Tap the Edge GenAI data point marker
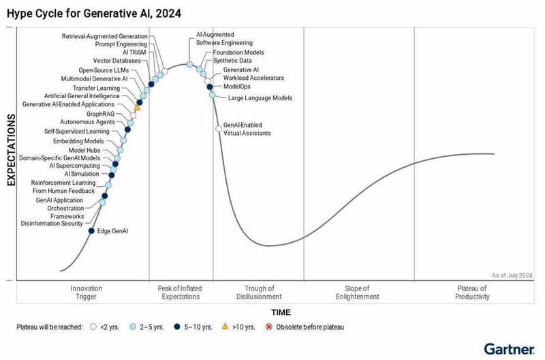tap(92, 230)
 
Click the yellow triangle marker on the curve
tap(137, 107)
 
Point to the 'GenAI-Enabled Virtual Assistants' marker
tap(218, 127)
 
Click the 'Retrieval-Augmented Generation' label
tap(103, 35)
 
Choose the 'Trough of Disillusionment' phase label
tap(258, 292)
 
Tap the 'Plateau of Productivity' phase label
tap(472, 292)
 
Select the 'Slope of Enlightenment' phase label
tap(358, 292)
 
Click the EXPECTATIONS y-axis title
tap(11, 151)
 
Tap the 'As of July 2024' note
tap(512, 275)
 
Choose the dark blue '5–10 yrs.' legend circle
tap(178, 327)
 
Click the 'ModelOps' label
tap(236, 87)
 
